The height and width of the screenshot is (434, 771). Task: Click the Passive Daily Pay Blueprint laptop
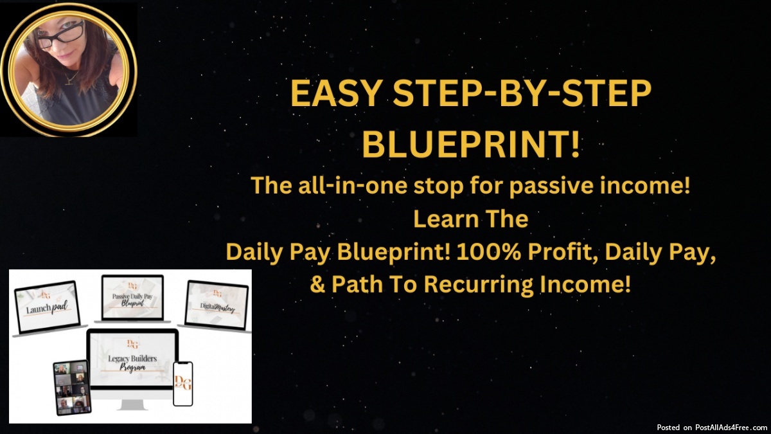(x=132, y=298)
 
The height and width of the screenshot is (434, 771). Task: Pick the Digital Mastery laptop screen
(x=217, y=305)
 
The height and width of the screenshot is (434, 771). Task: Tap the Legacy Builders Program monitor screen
(x=132, y=358)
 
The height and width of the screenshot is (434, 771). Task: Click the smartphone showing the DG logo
(x=182, y=384)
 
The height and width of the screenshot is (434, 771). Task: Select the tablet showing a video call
(x=72, y=387)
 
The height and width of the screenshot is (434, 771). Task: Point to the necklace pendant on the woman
(x=69, y=80)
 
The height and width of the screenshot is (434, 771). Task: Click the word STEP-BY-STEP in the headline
(x=522, y=93)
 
